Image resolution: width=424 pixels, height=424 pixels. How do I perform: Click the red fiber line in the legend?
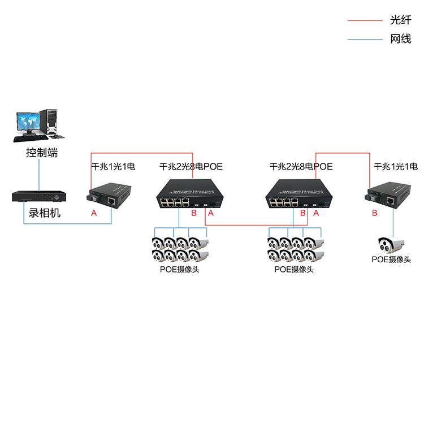pyautogui.click(x=365, y=21)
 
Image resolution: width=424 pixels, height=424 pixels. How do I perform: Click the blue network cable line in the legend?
pyautogui.click(x=365, y=40)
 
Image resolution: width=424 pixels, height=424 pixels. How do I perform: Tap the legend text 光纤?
pyautogui.click(x=400, y=21)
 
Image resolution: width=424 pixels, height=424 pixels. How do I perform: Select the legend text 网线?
pyautogui.click(x=400, y=40)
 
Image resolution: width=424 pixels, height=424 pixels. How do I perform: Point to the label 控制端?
pyautogui.click(x=42, y=153)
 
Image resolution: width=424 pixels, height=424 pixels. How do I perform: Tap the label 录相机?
pyautogui.click(x=44, y=214)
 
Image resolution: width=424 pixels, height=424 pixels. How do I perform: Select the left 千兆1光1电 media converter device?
pyautogui.click(x=110, y=195)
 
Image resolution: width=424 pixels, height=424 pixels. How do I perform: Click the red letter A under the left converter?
pyautogui.click(x=93, y=213)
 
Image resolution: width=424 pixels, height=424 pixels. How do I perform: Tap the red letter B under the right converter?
pyautogui.click(x=374, y=213)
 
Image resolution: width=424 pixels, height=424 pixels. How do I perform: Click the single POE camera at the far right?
pyautogui.click(x=392, y=245)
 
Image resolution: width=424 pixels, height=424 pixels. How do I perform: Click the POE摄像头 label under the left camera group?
pyautogui.click(x=180, y=269)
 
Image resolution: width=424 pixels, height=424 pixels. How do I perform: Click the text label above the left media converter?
pyautogui.click(x=113, y=167)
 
